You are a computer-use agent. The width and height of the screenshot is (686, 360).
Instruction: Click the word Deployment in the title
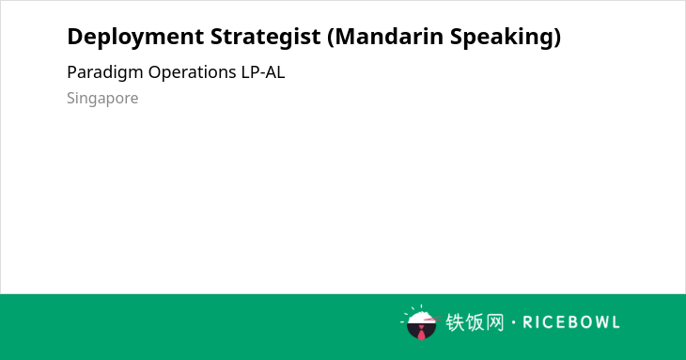tap(135, 38)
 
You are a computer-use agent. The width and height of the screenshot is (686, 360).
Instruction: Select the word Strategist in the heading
tap(266, 38)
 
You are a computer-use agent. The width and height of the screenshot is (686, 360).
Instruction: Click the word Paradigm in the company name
tap(105, 72)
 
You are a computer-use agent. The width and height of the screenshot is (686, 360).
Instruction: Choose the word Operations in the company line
tap(192, 72)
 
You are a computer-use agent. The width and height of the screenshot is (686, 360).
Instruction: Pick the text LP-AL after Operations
tap(263, 72)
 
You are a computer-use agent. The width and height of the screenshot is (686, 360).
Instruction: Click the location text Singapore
tap(102, 99)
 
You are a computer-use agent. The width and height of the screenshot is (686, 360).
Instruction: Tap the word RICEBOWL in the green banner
tap(571, 322)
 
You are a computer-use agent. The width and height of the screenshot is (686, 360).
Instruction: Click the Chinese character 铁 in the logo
tap(455, 322)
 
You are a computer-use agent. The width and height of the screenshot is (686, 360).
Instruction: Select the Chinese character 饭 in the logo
tap(475, 322)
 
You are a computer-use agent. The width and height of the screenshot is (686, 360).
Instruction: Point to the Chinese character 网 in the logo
tap(495, 322)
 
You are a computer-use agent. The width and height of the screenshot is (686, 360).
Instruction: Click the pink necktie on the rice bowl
tap(421, 334)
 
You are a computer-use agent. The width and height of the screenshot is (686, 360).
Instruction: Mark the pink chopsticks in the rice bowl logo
tap(432, 319)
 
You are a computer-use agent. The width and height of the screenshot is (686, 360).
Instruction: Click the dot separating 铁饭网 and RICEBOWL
tap(513, 322)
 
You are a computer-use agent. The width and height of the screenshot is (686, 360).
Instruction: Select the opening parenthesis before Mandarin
tap(330, 37)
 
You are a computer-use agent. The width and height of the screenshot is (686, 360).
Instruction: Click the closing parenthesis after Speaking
tap(556, 37)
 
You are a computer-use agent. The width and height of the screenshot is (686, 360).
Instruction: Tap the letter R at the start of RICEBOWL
tap(527, 322)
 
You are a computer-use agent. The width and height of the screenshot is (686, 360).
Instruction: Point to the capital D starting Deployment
tap(75, 37)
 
